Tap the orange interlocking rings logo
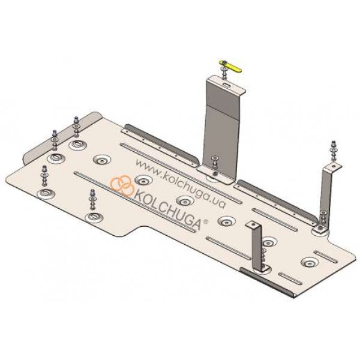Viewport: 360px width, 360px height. (122, 185)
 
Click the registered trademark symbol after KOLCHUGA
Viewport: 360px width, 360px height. (206, 221)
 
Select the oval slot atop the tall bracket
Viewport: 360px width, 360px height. (227, 85)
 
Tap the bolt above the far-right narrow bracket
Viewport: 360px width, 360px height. (333, 151)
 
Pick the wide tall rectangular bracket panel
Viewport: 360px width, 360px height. (221, 128)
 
